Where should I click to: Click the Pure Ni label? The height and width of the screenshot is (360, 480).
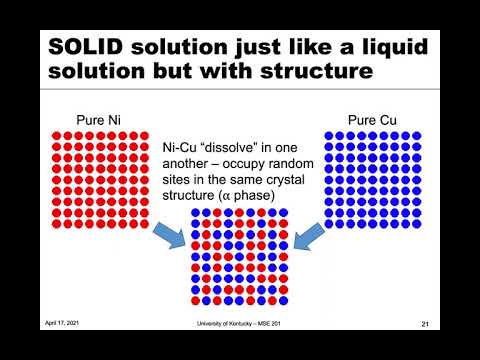point(99,120)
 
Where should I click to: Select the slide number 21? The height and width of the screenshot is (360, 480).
point(425,324)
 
